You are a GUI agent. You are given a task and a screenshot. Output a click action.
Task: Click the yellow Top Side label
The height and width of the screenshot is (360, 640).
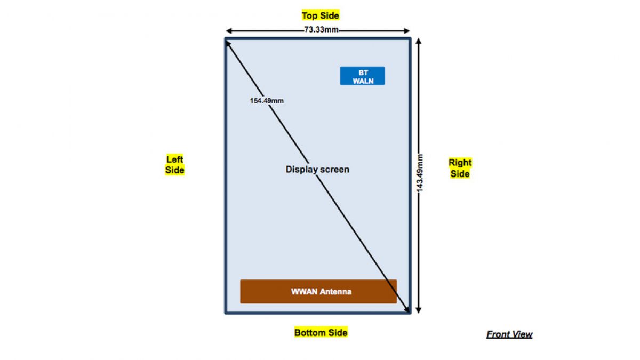320,15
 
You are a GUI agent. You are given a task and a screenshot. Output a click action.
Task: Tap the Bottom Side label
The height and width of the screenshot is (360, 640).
321,333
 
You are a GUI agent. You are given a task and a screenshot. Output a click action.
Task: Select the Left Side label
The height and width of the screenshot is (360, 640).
175,164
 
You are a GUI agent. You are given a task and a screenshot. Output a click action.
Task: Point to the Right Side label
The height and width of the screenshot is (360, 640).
460,168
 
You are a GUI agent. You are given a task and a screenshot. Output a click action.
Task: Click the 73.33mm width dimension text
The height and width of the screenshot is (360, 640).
321,30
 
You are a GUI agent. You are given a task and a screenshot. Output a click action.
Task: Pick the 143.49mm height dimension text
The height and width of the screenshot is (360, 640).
420,173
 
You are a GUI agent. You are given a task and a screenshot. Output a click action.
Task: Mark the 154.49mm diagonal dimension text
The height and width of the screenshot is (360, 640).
267,100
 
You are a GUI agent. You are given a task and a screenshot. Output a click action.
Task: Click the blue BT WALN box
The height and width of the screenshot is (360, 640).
363,76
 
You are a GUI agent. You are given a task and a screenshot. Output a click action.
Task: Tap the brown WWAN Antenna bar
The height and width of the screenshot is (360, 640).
318,292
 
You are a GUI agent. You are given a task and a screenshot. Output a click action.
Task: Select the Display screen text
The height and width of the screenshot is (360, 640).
317,170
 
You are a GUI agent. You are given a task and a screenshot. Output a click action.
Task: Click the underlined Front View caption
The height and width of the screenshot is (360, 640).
509,334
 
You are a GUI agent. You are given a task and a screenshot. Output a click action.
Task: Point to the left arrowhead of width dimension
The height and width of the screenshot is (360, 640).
228,30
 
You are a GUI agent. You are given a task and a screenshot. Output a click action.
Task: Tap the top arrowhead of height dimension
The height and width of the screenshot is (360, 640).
419,42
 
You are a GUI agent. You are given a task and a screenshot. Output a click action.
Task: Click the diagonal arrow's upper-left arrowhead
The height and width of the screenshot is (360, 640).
228,43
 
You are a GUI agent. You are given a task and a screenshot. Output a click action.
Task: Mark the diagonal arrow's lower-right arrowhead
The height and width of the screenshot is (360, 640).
407,309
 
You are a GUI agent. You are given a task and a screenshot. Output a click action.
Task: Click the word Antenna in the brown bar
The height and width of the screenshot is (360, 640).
335,292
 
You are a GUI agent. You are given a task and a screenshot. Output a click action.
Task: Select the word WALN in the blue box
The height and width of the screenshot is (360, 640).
363,81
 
